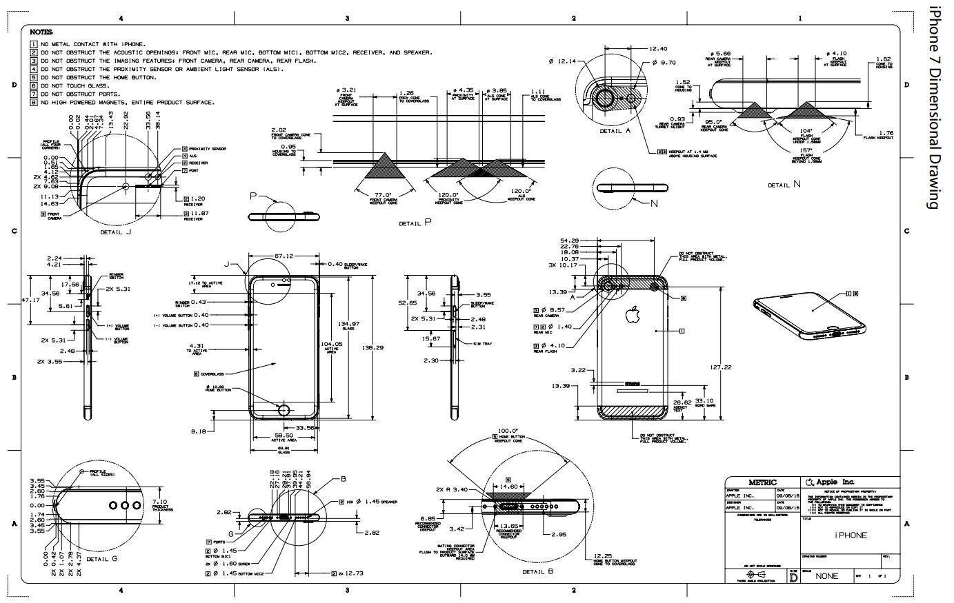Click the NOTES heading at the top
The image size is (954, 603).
(41, 32)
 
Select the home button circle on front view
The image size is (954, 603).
(284, 409)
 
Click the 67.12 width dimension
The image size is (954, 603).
(284, 256)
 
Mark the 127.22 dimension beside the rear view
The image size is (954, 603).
(720, 367)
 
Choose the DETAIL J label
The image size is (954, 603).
(116, 232)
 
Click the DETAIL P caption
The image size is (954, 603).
(415, 223)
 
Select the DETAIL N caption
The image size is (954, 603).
(784, 184)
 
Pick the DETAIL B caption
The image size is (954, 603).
(538, 571)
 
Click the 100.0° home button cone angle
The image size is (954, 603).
(508, 431)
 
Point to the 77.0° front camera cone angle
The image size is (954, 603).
(383, 195)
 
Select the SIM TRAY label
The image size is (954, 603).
(482, 343)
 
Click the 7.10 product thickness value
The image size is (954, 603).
(159, 502)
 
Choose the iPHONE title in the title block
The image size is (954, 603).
(851, 535)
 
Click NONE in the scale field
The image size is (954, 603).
(827, 576)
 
